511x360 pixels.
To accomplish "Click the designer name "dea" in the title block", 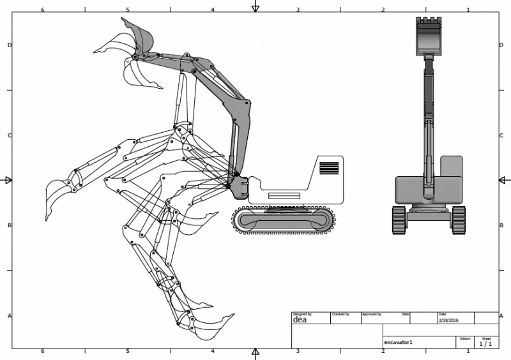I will click(x=300, y=320).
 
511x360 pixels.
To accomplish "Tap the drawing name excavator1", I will click(x=399, y=343).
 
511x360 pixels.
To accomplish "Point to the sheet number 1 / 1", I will click(x=486, y=344).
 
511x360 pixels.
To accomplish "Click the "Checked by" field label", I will click(x=340, y=314).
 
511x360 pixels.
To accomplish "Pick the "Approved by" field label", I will click(x=371, y=314).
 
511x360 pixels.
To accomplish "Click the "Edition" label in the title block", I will click(x=465, y=338).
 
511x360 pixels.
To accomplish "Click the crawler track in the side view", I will click(x=285, y=220).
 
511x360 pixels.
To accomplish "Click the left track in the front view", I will click(x=399, y=220).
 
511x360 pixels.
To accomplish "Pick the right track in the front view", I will click(x=458, y=220).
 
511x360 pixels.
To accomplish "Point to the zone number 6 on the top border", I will click(x=42, y=10).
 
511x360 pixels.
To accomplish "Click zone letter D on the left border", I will click(x=9, y=45).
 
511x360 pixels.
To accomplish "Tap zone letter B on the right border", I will click(x=502, y=225).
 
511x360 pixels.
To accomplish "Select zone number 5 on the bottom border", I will click(x=128, y=351).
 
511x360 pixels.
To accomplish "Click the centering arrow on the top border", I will click(x=256, y=8).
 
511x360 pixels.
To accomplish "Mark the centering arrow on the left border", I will click(x=8, y=180).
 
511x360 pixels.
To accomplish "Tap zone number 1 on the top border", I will click(x=468, y=10).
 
